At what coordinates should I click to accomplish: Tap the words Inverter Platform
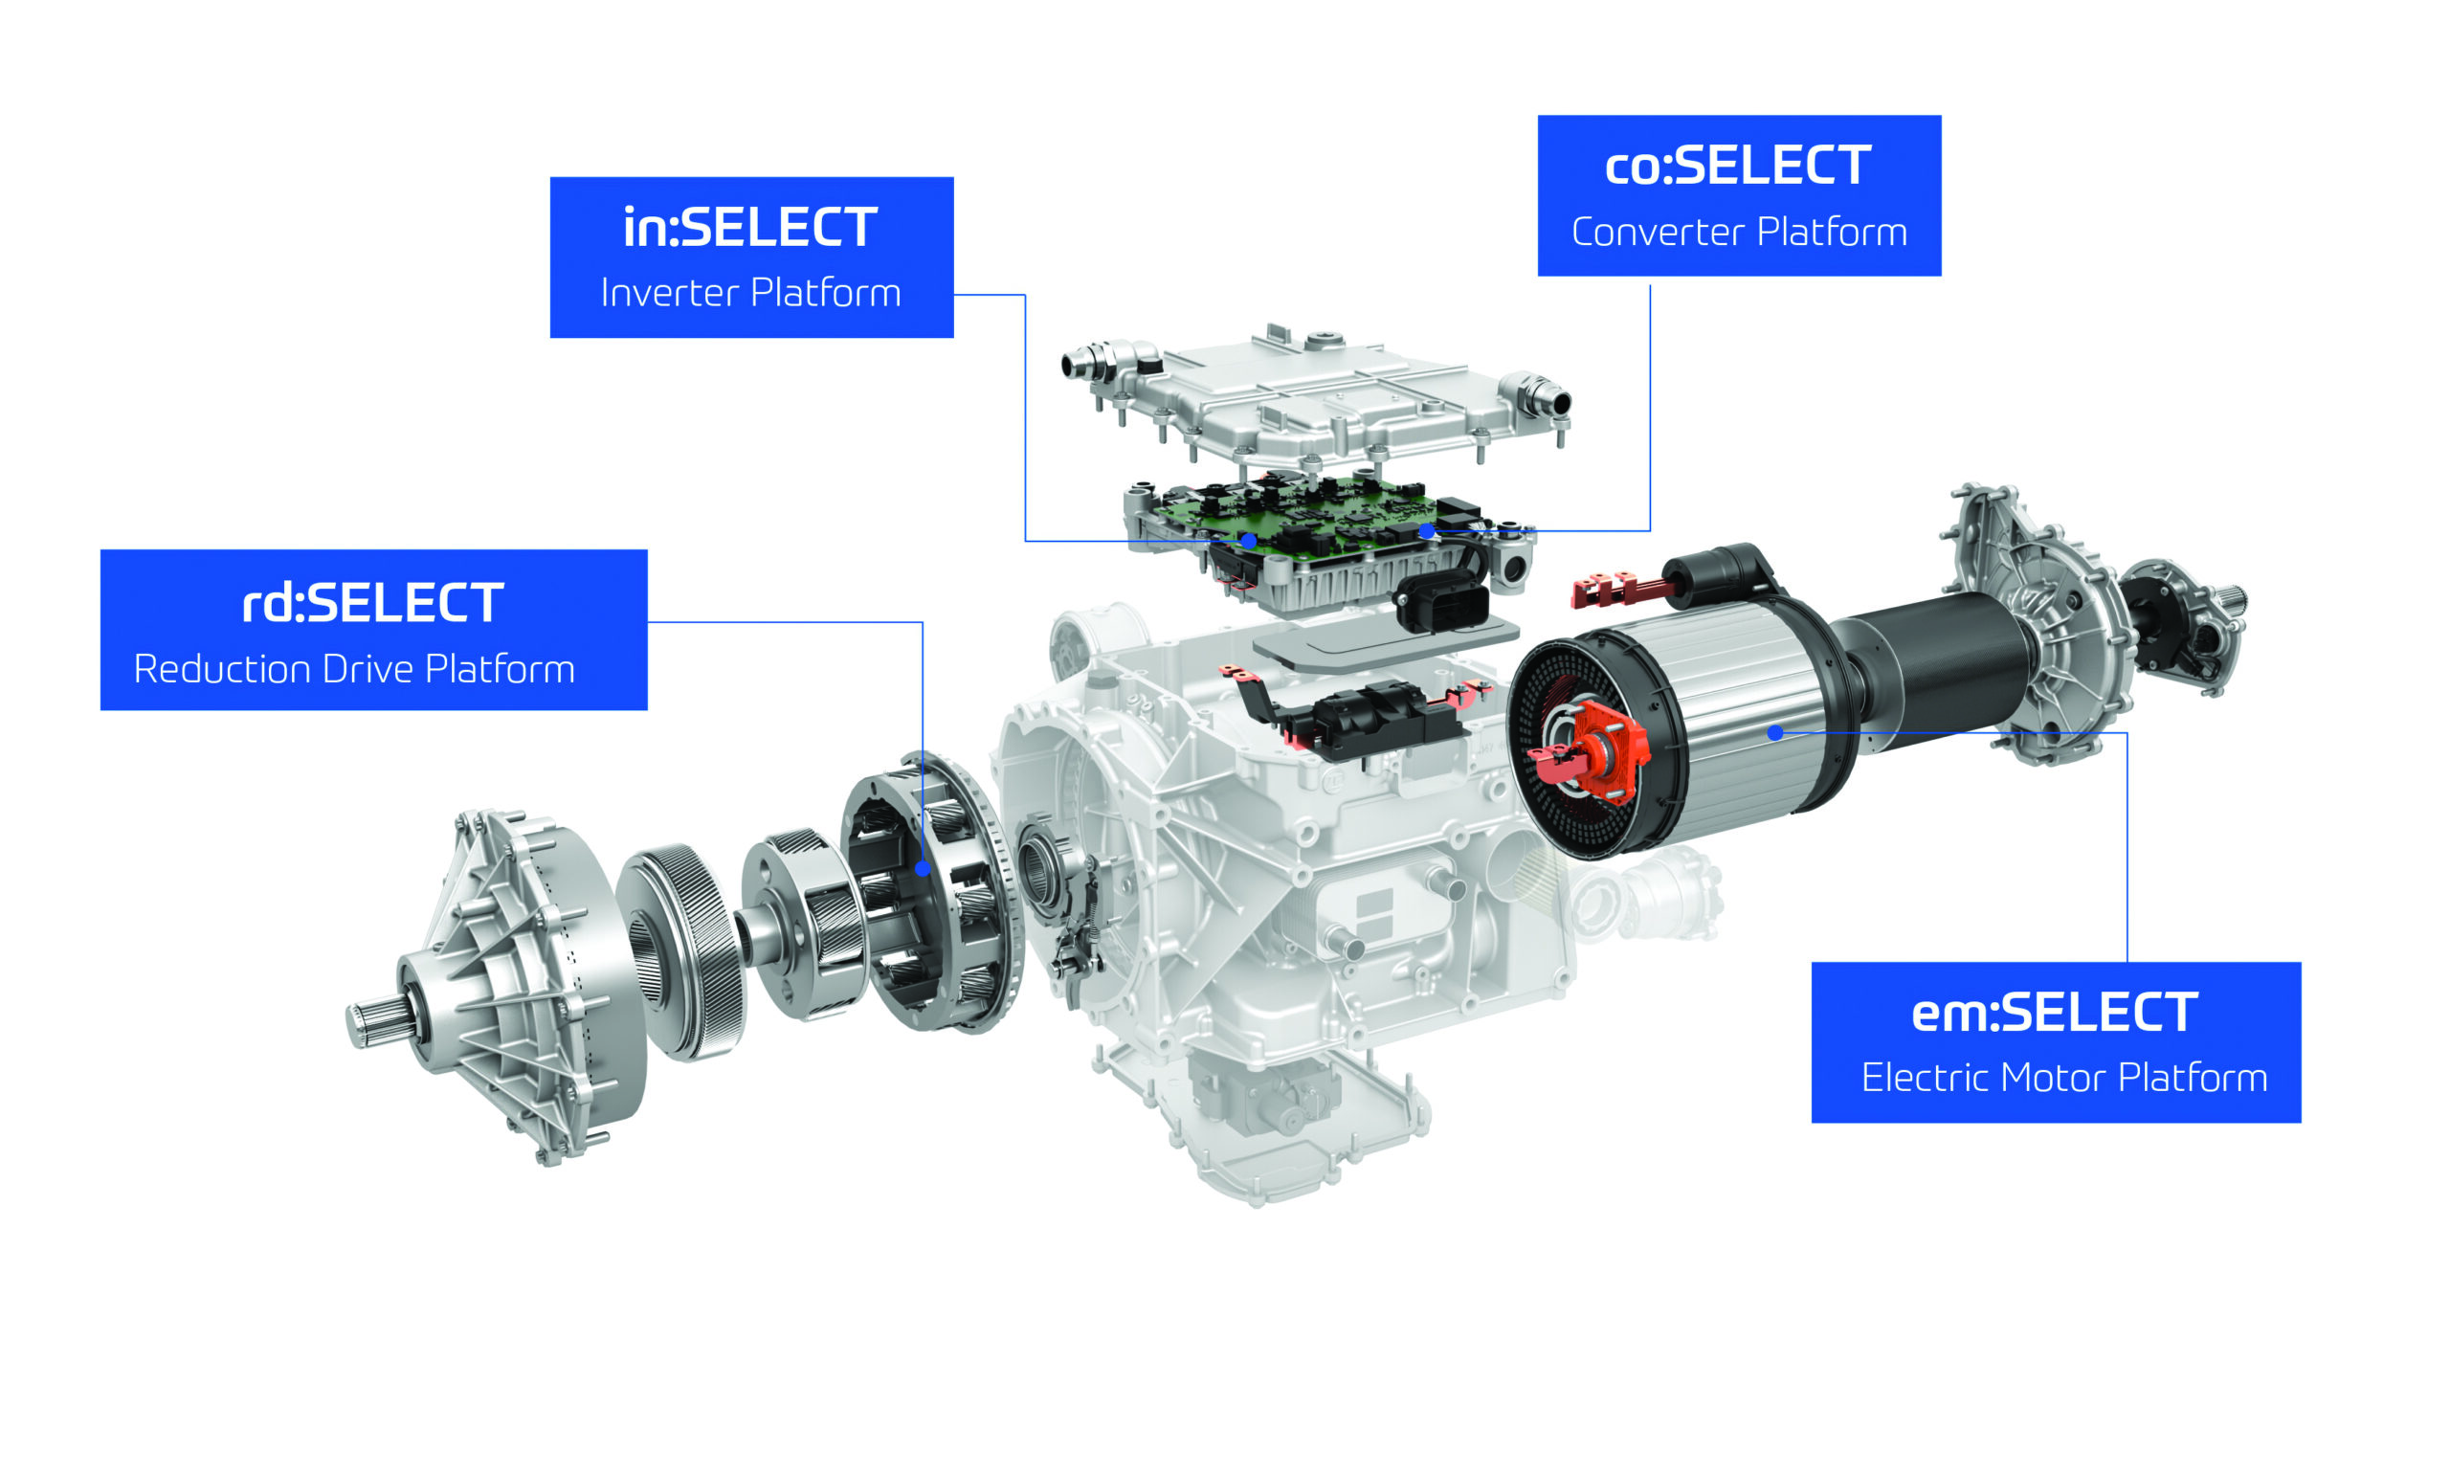(751, 293)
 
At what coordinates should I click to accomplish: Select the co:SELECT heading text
(1738, 165)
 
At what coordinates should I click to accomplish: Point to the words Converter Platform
(1739, 233)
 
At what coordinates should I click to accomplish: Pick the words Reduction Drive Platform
(354, 669)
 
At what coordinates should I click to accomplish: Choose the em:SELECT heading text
(2054, 1014)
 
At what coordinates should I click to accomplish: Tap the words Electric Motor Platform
(2064, 1078)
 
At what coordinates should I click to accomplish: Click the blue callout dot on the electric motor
(1775, 732)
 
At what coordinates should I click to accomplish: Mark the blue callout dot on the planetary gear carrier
(922, 868)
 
